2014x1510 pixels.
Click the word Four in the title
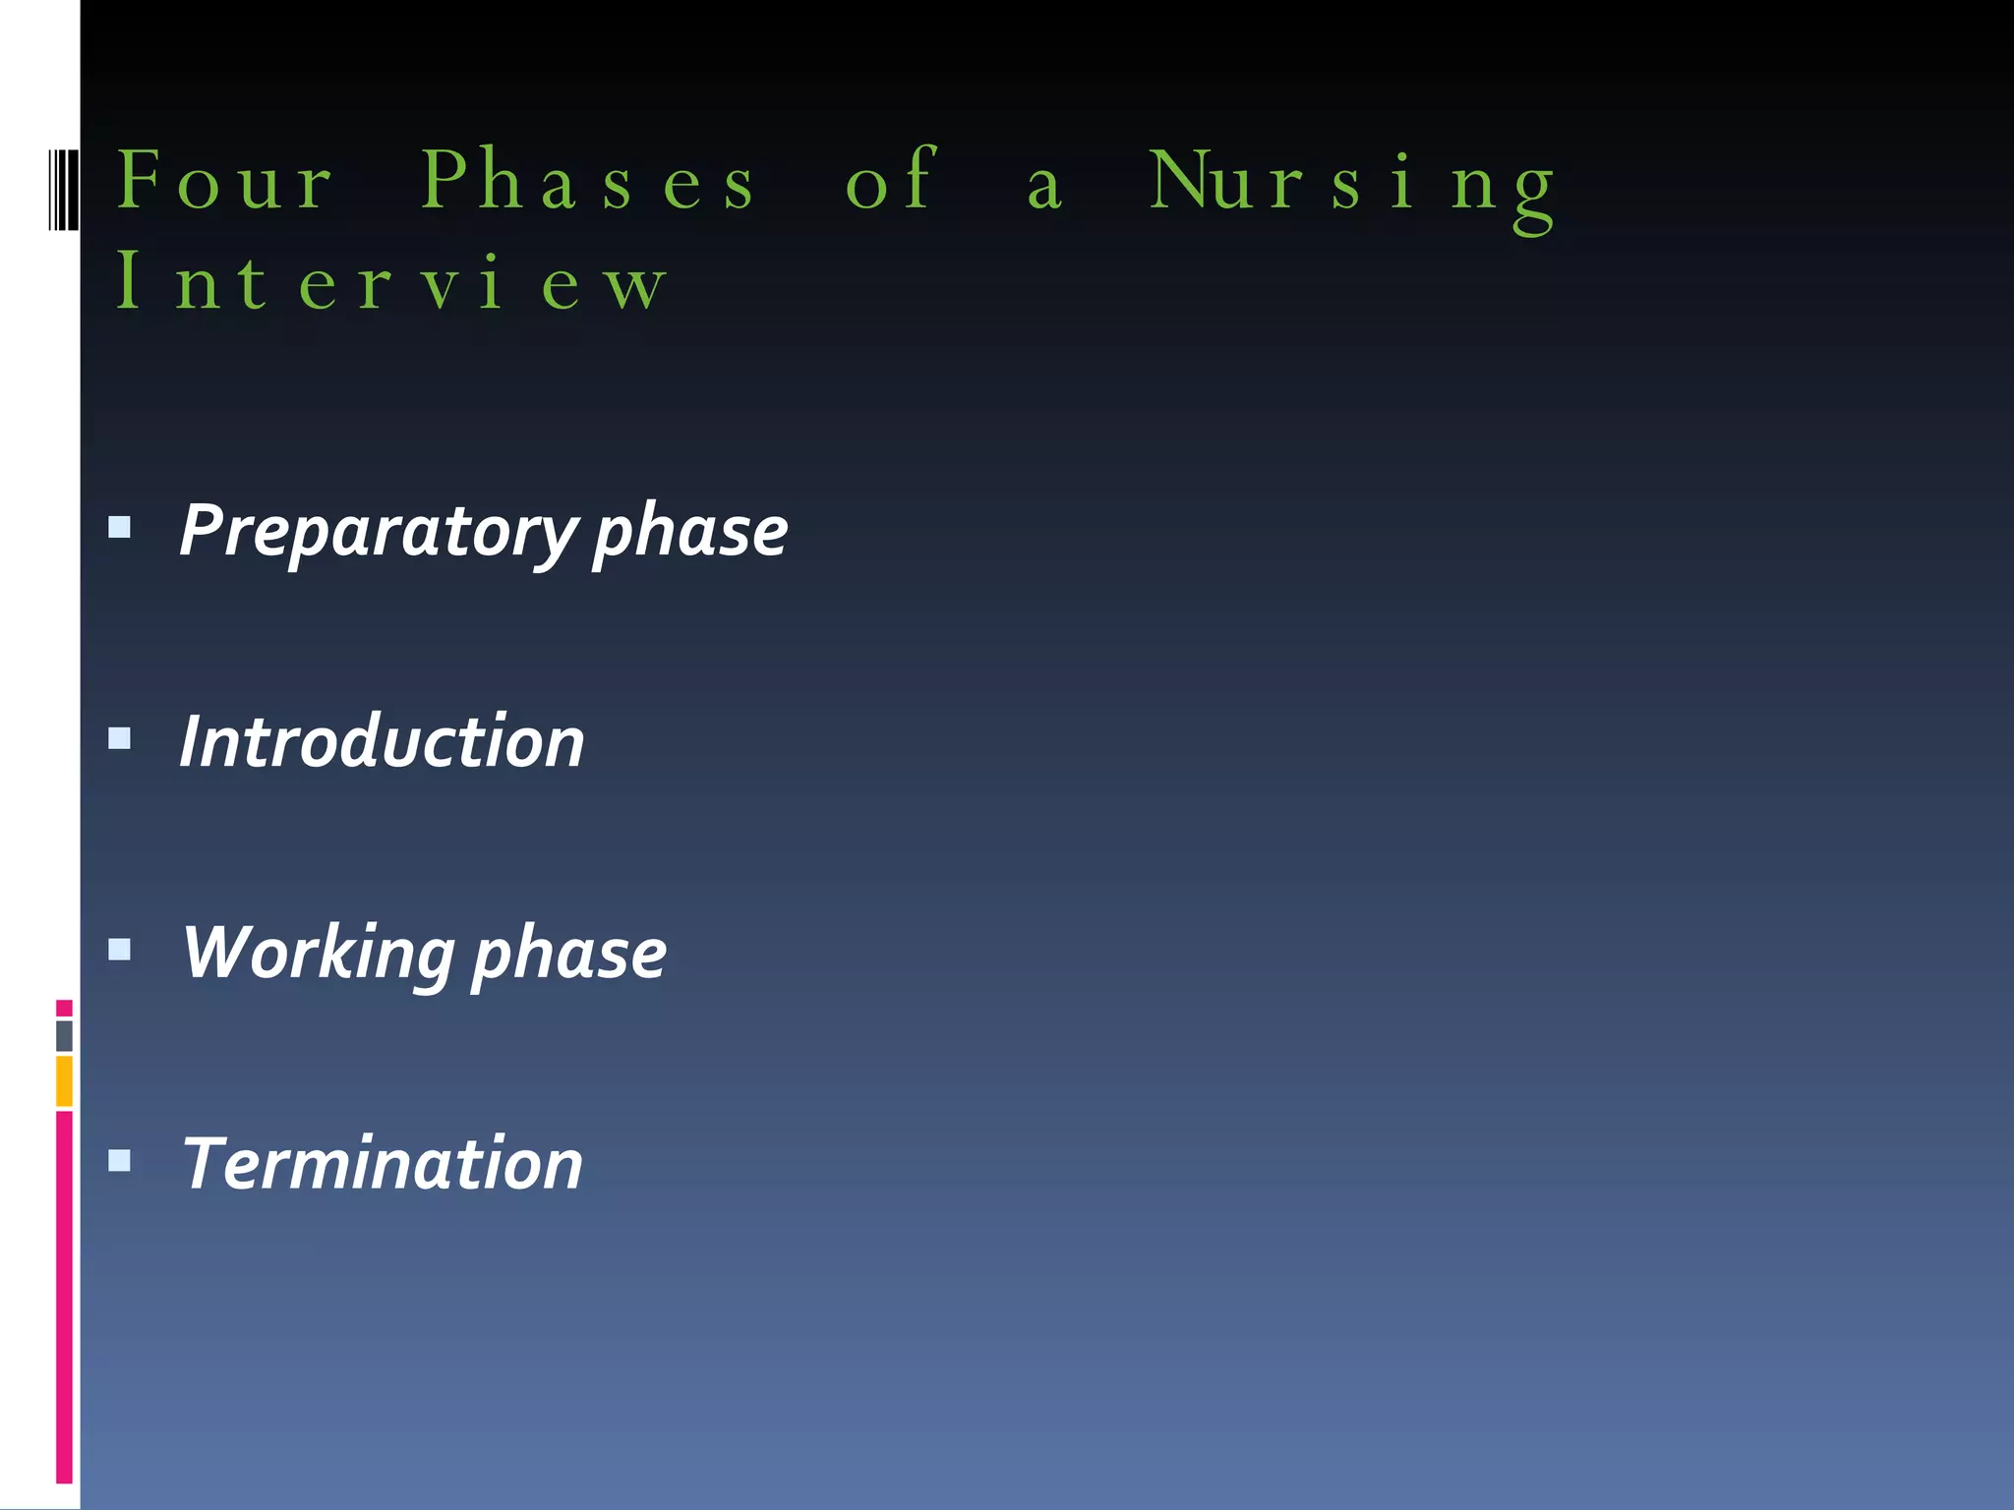point(225,181)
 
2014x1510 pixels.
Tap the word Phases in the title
point(588,181)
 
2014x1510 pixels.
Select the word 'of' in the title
point(890,181)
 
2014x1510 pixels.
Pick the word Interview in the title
point(390,282)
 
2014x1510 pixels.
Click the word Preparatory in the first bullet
point(378,532)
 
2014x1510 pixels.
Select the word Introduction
point(382,741)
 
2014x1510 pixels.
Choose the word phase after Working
point(569,955)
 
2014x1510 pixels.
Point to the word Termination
point(383,1164)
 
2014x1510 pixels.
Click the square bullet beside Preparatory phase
point(120,528)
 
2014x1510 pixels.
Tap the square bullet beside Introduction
point(120,738)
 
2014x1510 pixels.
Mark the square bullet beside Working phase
point(120,950)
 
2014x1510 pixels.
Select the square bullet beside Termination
point(120,1161)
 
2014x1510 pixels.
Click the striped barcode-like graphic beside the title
point(63,190)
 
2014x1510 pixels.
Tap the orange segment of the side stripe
point(64,1081)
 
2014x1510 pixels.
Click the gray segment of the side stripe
point(64,1036)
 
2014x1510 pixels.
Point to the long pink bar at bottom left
point(64,1298)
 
